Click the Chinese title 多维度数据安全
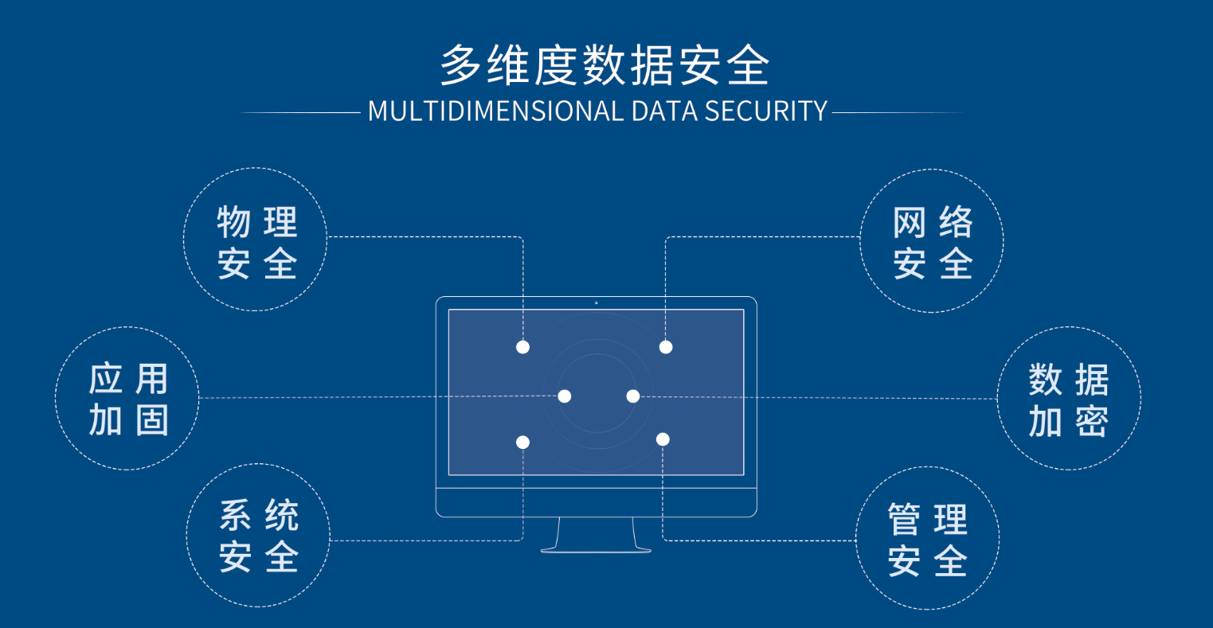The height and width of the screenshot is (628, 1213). (605, 64)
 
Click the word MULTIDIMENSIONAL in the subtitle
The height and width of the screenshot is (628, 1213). (495, 111)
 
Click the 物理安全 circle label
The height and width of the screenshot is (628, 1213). (256, 242)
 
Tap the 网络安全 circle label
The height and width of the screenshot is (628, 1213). (932, 242)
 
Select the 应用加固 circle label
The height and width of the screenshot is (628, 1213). (127, 399)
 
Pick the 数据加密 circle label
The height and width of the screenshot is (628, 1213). (1068, 400)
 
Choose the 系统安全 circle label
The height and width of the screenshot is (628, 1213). (258, 537)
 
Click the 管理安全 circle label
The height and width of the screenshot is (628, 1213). (927, 540)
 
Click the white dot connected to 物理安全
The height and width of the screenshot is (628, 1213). (522, 347)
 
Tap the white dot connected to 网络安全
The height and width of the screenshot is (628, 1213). (666, 347)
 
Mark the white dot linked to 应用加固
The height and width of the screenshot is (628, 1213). (565, 396)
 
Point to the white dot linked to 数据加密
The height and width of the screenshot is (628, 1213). (632, 396)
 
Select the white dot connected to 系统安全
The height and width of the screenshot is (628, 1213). (522, 443)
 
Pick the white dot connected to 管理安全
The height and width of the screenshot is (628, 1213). (663, 439)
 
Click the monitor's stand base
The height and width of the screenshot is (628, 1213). (596, 548)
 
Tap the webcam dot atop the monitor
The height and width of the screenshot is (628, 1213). (596, 302)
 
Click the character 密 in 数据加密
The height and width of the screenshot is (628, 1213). (1091, 421)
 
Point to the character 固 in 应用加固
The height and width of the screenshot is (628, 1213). (151, 420)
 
